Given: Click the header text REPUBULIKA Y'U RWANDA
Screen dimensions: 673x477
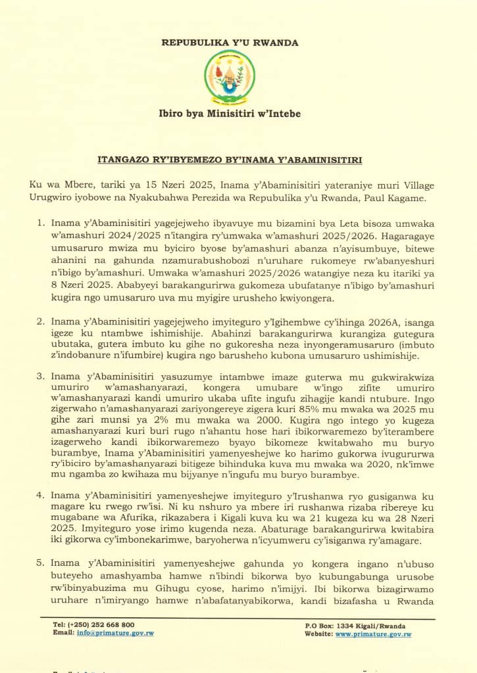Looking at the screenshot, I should pos(230,43).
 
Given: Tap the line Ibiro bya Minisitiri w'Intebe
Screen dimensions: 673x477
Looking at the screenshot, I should pos(230,114).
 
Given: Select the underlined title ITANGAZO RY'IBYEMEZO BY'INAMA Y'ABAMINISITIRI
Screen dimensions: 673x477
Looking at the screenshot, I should pos(230,160).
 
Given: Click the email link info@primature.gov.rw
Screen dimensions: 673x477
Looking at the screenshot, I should pos(115,634).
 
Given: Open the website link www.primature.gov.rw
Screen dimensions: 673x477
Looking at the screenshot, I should pos(373,634).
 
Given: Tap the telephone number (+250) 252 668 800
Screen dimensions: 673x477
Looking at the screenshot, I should pos(101,624).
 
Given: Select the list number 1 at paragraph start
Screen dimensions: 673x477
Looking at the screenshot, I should pos(40,225).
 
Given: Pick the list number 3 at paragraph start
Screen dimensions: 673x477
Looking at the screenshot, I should pos(40,376).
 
